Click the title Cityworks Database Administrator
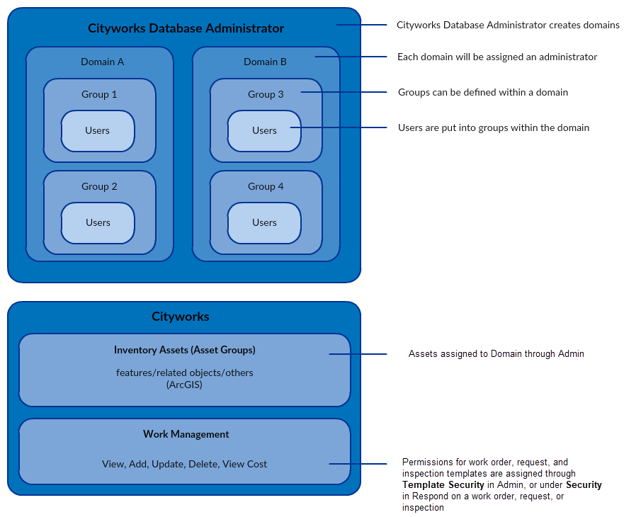tap(186, 28)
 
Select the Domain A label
tap(102, 62)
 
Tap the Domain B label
tap(265, 62)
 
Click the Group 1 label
tap(99, 94)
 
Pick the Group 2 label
tap(99, 186)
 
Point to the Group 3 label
tap(266, 94)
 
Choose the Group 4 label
tap(266, 186)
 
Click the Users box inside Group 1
tap(98, 130)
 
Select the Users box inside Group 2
tap(98, 222)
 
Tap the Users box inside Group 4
tap(264, 222)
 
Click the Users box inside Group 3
tap(264, 130)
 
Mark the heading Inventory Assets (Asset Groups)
tap(184, 350)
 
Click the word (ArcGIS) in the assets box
tap(184, 385)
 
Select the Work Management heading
tap(186, 434)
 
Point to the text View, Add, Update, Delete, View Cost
tap(184, 464)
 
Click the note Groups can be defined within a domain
tap(482, 92)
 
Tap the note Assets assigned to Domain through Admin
tap(496, 353)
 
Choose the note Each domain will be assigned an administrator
tap(497, 57)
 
